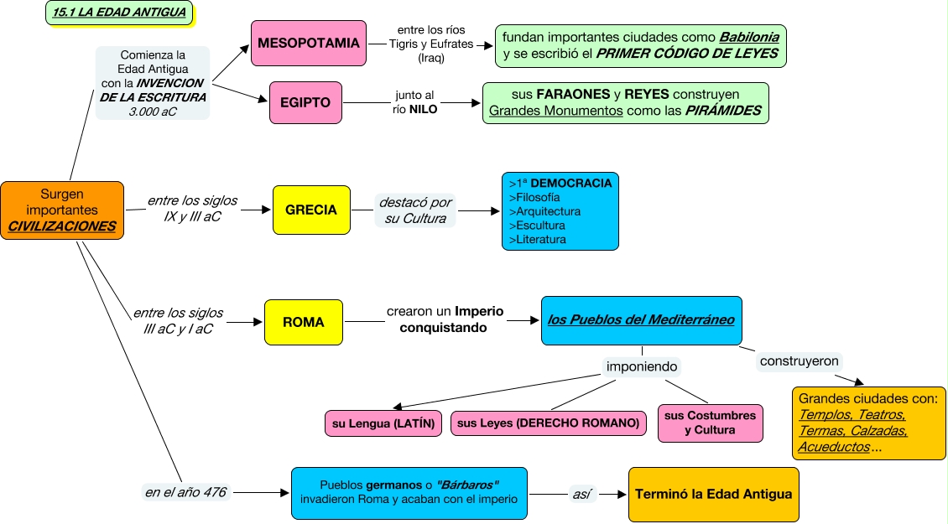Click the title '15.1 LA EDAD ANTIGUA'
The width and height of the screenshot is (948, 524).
[118, 13]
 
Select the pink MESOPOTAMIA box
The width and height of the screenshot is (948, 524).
[308, 43]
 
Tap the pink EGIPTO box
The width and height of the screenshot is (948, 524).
[305, 103]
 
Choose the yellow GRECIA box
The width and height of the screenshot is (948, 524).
[311, 210]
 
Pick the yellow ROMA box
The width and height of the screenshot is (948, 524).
[303, 322]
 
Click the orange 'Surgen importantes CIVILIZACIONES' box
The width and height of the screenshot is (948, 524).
[61, 210]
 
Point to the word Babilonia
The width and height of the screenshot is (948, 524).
[749, 38]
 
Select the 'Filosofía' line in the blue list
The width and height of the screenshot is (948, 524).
[534, 197]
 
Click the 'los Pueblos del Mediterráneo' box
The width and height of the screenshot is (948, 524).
[641, 319]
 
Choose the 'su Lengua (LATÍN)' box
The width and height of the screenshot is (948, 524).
[383, 423]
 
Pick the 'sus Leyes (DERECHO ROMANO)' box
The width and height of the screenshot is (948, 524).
[549, 423]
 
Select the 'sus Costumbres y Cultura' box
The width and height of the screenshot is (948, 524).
[710, 423]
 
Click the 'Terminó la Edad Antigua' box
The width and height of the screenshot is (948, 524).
[713, 494]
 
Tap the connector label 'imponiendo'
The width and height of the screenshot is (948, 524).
[642, 366]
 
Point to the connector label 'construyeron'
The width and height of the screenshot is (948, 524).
[799, 361]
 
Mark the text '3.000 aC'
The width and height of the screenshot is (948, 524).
[153, 111]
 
